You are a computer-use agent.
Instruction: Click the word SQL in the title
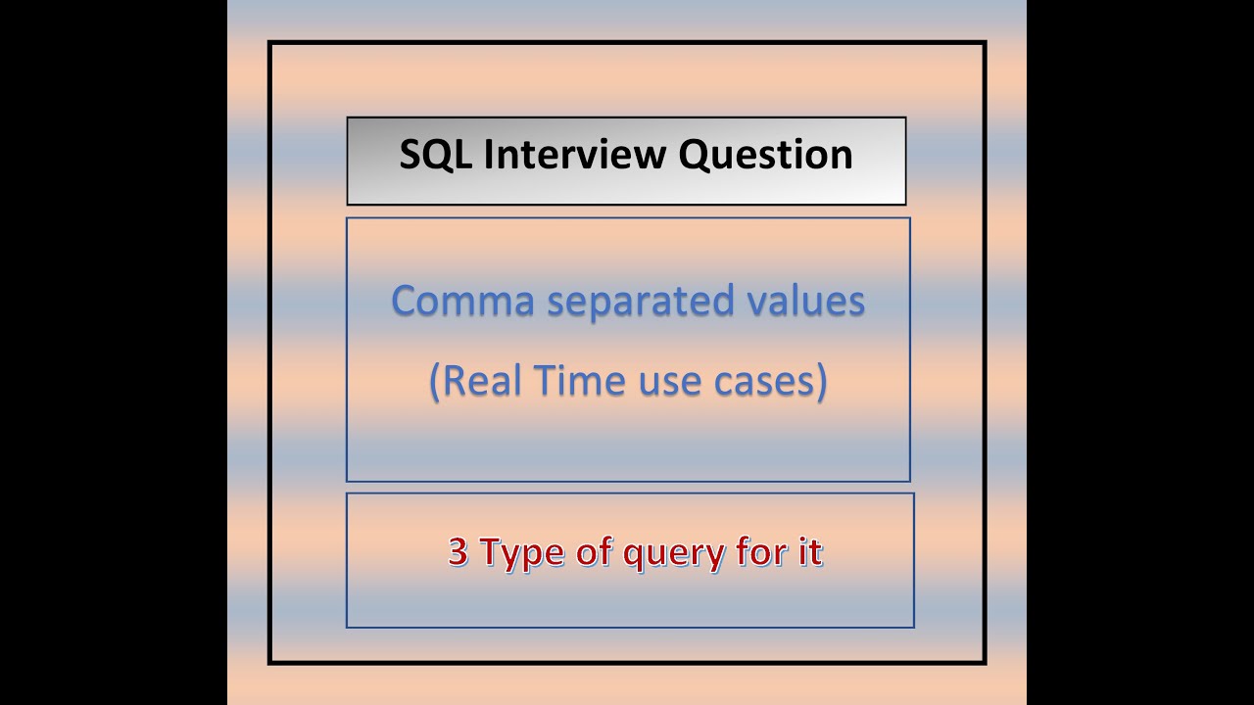435,155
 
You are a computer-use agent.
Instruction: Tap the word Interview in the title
575,154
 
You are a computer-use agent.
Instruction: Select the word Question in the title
765,155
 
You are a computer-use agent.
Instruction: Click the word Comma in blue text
462,301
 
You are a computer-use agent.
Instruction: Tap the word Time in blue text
579,380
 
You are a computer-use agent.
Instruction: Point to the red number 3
458,551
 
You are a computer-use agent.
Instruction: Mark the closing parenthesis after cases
821,382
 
